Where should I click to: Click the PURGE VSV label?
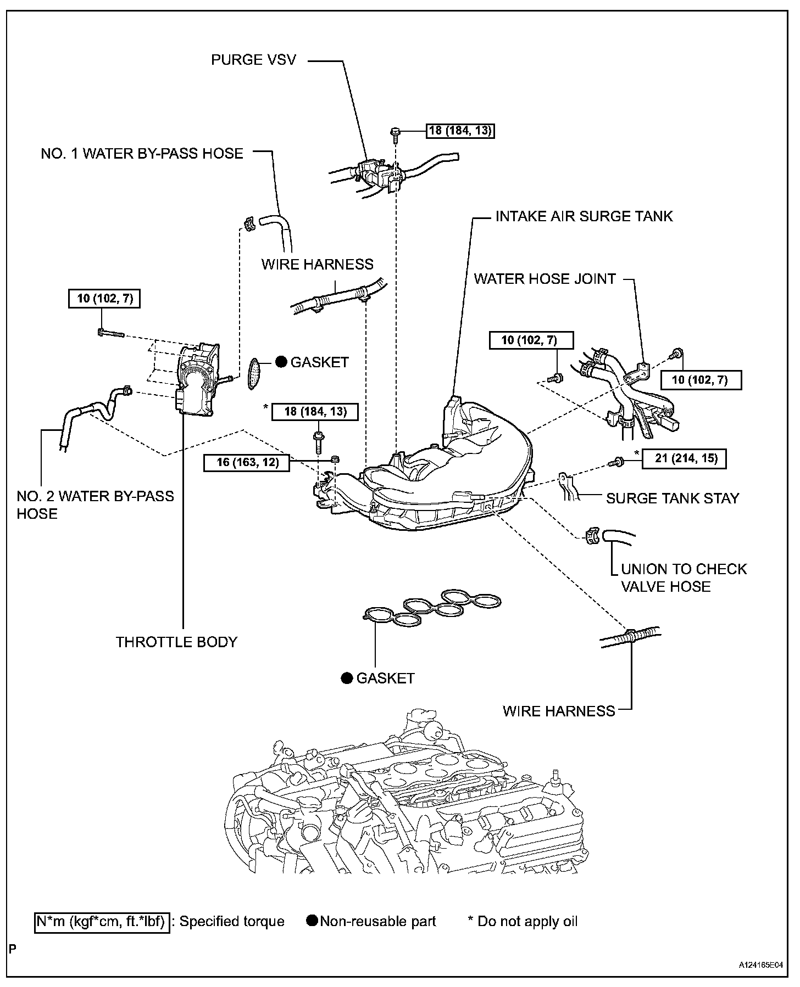[253, 59]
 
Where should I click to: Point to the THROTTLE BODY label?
[176, 642]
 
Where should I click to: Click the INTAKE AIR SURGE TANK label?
[584, 216]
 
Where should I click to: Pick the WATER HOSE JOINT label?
[545, 279]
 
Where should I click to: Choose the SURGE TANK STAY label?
[673, 498]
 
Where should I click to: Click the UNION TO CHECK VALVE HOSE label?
[684, 577]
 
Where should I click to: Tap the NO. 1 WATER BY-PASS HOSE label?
[142, 153]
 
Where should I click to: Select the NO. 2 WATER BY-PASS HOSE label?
[95, 505]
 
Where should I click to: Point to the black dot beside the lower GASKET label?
[346, 678]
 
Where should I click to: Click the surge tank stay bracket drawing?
[567, 487]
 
